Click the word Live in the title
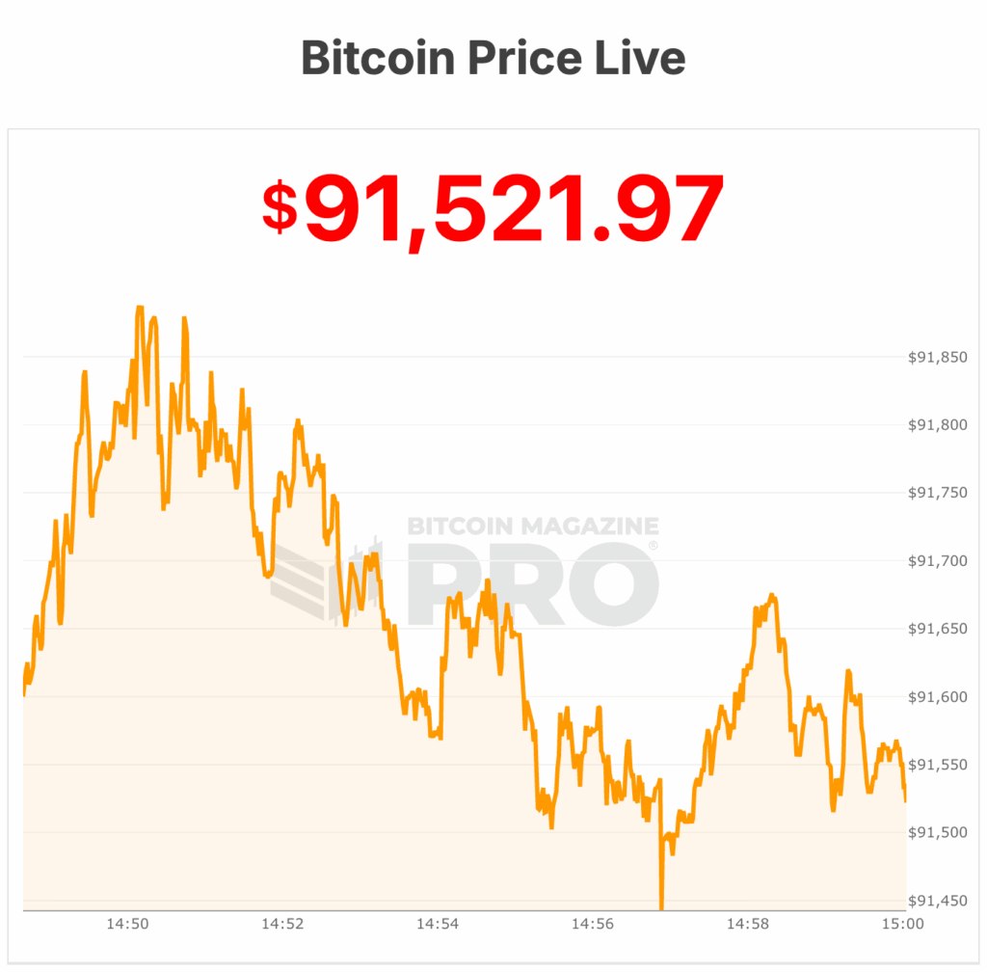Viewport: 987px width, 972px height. coord(640,58)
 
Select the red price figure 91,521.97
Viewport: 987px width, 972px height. coord(514,209)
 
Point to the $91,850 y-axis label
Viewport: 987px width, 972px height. coord(937,358)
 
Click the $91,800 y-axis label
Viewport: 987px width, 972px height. coord(937,425)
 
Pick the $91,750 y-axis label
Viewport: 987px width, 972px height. coord(937,493)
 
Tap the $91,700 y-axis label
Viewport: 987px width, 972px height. coord(937,561)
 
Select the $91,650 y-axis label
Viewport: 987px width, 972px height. coord(937,629)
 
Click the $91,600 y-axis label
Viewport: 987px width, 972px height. coord(937,696)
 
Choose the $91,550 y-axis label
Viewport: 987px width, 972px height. coord(937,765)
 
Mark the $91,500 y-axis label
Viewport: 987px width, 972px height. coord(937,832)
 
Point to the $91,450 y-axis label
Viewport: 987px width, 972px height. coord(937,901)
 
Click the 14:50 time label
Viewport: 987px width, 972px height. coord(126,925)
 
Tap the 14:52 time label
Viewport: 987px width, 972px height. coord(281,925)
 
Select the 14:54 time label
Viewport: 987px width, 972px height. coord(437,925)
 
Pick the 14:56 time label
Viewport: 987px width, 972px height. coord(592,925)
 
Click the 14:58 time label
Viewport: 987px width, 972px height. coord(747,925)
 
